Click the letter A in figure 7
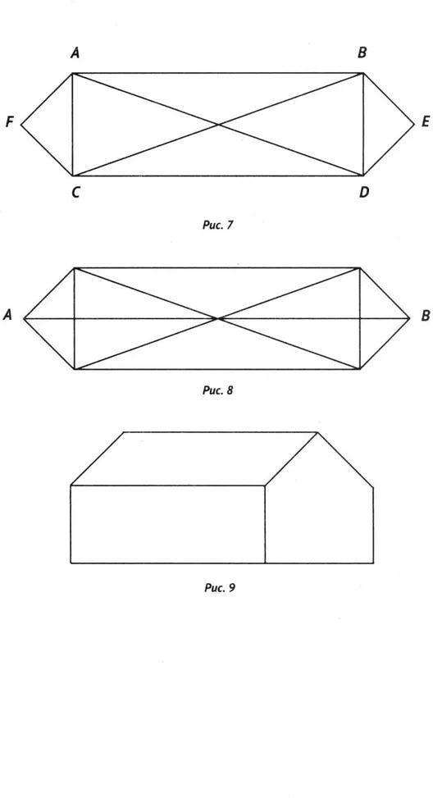click(75, 53)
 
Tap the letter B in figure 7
click(362, 53)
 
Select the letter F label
click(9, 122)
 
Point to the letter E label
click(426, 122)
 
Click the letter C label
click(75, 193)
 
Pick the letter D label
click(364, 193)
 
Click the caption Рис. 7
click(218, 225)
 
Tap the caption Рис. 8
click(218, 390)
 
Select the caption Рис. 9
click(219, 588)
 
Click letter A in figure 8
click(7, 316)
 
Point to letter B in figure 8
click(426, 316)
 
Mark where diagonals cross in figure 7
click(218, 124)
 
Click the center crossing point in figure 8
click(218, 318)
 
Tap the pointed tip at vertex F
click(21, 124)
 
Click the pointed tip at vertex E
click(415, 124)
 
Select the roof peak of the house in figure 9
click(317, 432)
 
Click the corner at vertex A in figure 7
click(73, 73)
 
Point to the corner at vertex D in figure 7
click(363, 176)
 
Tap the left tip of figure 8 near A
click(24, 318)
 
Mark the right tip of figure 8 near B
click(409, 318)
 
